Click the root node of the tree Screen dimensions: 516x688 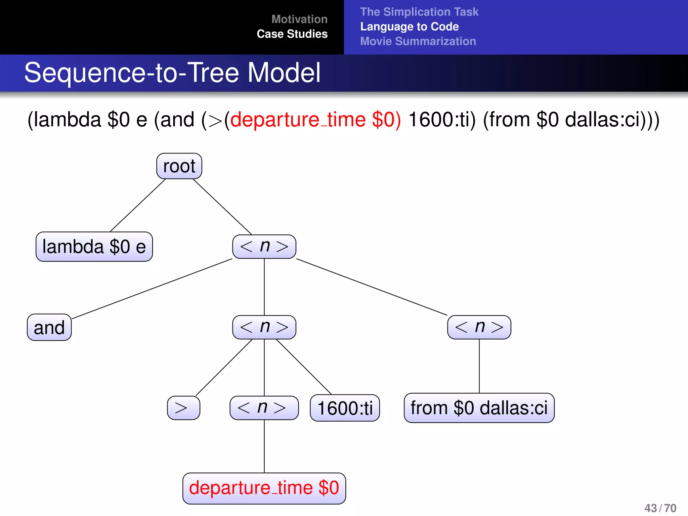(x=179, y=166)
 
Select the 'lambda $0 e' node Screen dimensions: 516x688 (x=94, y=247)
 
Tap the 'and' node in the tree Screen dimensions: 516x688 (x=49, y=328)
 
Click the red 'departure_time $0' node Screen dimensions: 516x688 (x=264, y=488)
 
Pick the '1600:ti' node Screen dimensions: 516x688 (x=345, y=408)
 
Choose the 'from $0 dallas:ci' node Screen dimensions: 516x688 (x=479, y=408)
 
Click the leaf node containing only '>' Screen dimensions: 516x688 (x=183, y=408)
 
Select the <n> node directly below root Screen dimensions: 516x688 (x=264, y=247)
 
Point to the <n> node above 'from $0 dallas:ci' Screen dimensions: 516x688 (x=479, y=327)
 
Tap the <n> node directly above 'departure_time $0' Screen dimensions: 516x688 (x=264, y=408)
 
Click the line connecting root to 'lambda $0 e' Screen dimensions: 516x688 (x=138, y=205)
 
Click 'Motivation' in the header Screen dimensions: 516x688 (x=299, y=19)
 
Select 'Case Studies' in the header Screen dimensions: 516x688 (x=292, y=34)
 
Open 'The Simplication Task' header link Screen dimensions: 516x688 (x=419, y=12)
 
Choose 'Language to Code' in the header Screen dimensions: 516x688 (x=410, y=27)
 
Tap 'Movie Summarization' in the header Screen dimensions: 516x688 (x=418, y=41)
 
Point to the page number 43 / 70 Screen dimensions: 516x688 (x=660, y=508)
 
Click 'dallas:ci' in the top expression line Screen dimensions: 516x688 (x=605, y=120)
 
